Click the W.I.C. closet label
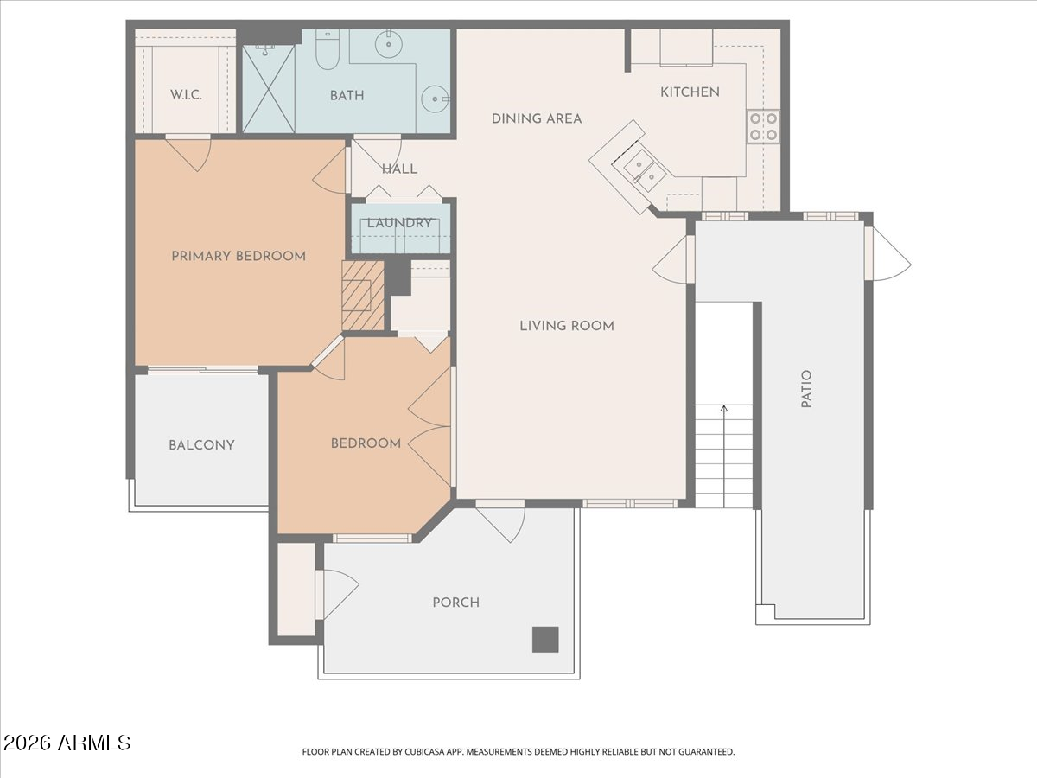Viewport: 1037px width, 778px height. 185,95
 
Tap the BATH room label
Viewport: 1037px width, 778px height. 347,96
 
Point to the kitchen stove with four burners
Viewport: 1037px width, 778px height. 763,126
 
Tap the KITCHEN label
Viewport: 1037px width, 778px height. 690,92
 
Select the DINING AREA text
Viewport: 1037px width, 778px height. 537,118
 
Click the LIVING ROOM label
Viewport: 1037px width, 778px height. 567,326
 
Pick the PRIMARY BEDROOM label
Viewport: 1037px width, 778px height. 239,256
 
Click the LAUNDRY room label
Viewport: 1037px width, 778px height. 399,223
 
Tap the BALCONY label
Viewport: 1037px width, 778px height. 201,445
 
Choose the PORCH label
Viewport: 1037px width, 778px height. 455,603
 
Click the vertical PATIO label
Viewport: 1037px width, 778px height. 806,389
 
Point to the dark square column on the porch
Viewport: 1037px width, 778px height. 544,639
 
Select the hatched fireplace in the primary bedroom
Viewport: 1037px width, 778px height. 362,296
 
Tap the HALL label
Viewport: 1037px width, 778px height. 399,169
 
